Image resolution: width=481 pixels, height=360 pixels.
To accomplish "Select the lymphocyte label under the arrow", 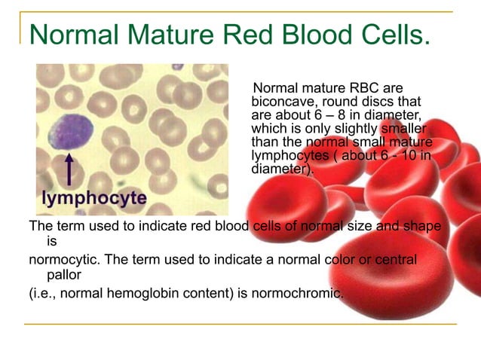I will [x=94, y=199].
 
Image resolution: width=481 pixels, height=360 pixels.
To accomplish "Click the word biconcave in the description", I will [x=280, y=102].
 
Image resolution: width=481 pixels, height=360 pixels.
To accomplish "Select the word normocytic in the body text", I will [x=63, y=260].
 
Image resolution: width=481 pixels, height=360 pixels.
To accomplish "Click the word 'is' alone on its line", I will [x=52, y=243].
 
